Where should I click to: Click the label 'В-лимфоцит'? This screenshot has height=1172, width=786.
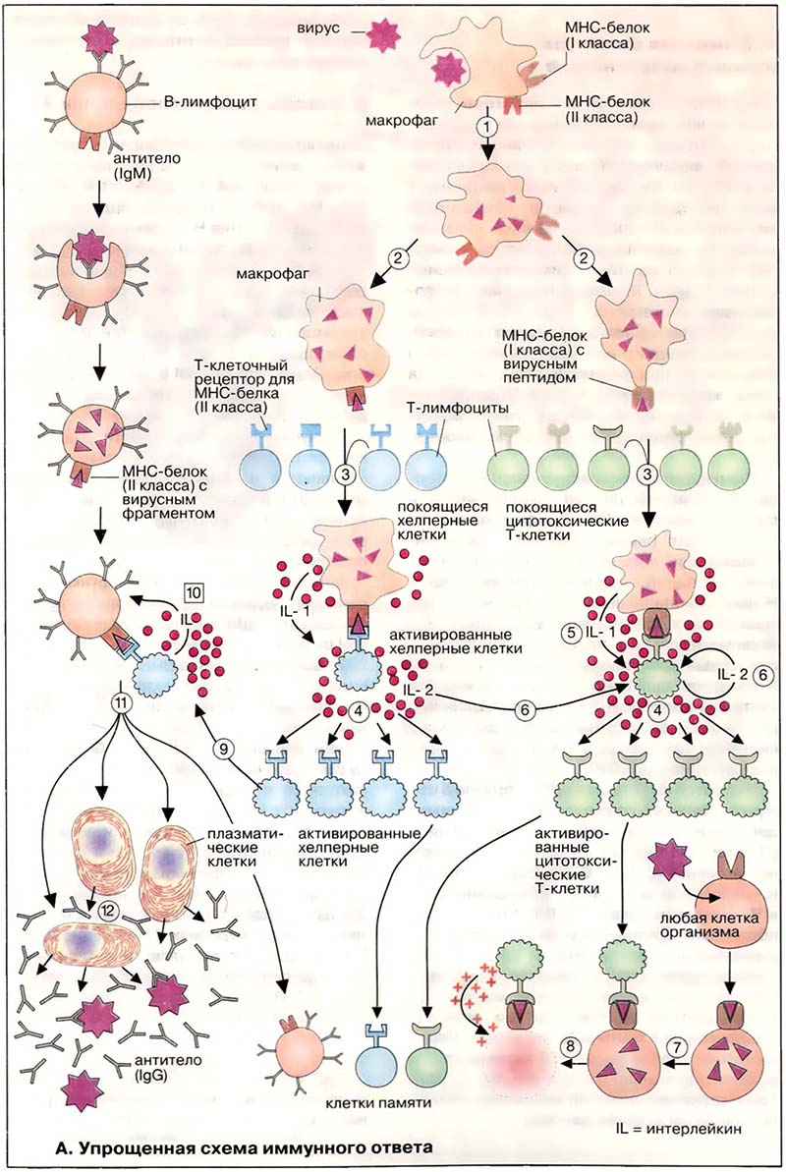(196, 100)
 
